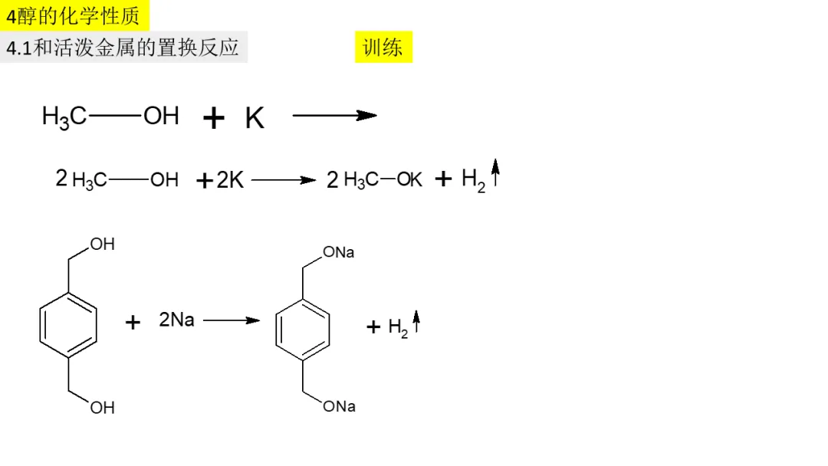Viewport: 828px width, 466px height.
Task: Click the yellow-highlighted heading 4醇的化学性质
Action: (x=73, y=15)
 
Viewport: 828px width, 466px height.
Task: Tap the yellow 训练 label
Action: (x=383, y=48)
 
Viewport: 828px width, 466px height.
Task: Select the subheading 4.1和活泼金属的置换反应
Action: (x=123, y=48)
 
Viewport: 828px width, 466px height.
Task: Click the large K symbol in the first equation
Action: (x=255, y=118)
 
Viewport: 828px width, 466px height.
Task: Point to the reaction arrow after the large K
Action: (x=334, y=116)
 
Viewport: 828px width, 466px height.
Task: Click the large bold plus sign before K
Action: (x=214, y=118)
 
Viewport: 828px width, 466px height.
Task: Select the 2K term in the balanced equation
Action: (x=230, y=180)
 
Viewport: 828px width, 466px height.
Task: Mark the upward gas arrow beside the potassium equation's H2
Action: (x=495, y=173)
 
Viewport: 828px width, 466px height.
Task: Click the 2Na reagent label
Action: (x=176, y=320)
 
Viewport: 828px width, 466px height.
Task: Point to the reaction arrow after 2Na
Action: (x=232, y=320)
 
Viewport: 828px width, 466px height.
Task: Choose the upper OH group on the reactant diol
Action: (x=102, y=244)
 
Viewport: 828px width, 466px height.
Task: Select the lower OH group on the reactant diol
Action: (x=102, y=408)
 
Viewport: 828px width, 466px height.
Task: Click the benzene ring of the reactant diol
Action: (x=67, y=325)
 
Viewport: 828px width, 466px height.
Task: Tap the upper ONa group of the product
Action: (x=339, y=252)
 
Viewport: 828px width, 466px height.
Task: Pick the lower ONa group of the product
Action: (x=339, y=406)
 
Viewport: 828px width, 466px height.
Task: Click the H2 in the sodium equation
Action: (x=398, y=328)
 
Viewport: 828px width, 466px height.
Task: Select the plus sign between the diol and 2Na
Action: (x=133, y=322)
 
